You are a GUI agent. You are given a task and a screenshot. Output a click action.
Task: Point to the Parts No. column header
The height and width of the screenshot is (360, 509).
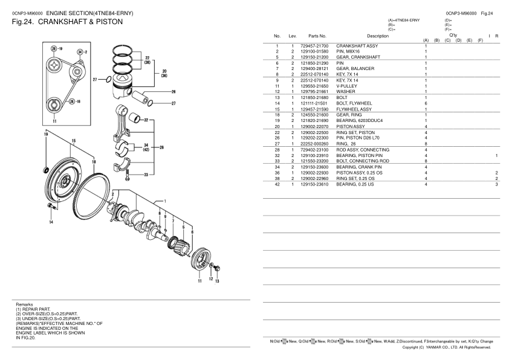(x=317, y=37)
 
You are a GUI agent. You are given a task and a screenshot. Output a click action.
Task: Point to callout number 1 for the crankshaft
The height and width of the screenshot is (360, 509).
(x=165, y=201)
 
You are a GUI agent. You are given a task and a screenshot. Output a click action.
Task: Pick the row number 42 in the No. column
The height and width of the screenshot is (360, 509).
(x=277, y=184)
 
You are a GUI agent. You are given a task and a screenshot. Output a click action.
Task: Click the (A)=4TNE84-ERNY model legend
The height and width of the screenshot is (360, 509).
(x=404, y=21)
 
